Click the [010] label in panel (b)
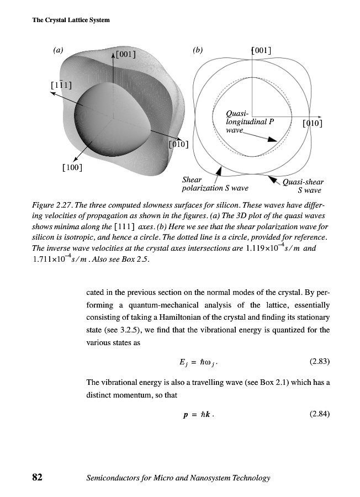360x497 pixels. tap(313, 123)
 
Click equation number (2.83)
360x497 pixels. tap(317, 362)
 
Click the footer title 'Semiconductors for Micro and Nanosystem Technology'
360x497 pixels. tap(178, 478)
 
